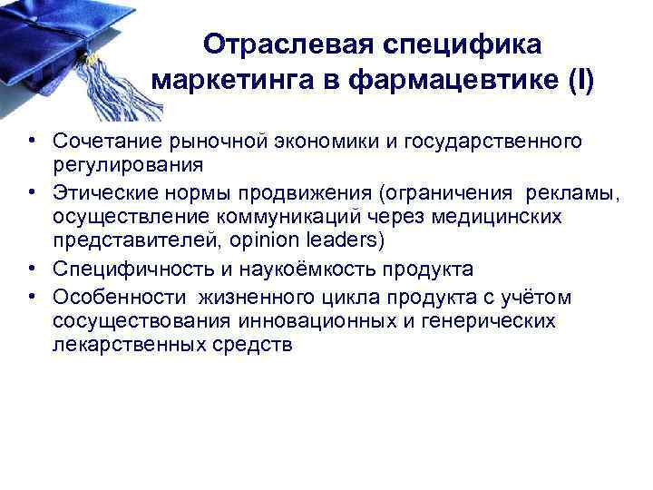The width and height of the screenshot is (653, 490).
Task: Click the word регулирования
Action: [127, 166]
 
